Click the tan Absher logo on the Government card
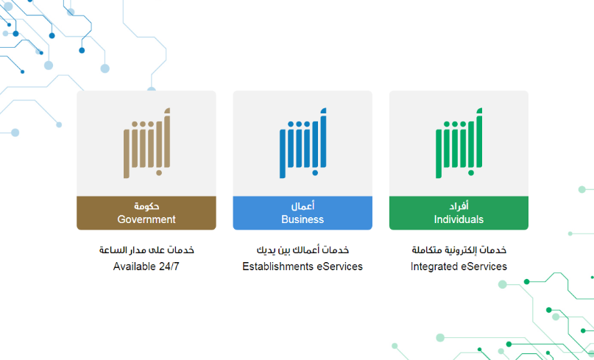[146, 143]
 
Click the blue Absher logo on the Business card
[303, 143]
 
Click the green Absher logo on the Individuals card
[459, 143]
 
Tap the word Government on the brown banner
[146, 219]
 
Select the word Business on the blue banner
[303, 219]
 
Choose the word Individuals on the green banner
[459, 219]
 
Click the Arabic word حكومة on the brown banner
[146, 206]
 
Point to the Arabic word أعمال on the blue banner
[303, 206]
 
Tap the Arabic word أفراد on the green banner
[459, 206]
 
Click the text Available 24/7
[146, 267]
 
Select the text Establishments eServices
[303, 267]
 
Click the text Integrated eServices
[459, 267]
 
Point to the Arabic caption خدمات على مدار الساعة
[146, 250]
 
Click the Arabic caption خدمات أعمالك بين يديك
[303, 250]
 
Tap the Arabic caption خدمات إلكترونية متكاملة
[459, 250]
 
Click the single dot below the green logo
[471, 173]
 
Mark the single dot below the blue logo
[315, 173]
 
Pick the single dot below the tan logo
[159, 173]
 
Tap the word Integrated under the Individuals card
[434, 267]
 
